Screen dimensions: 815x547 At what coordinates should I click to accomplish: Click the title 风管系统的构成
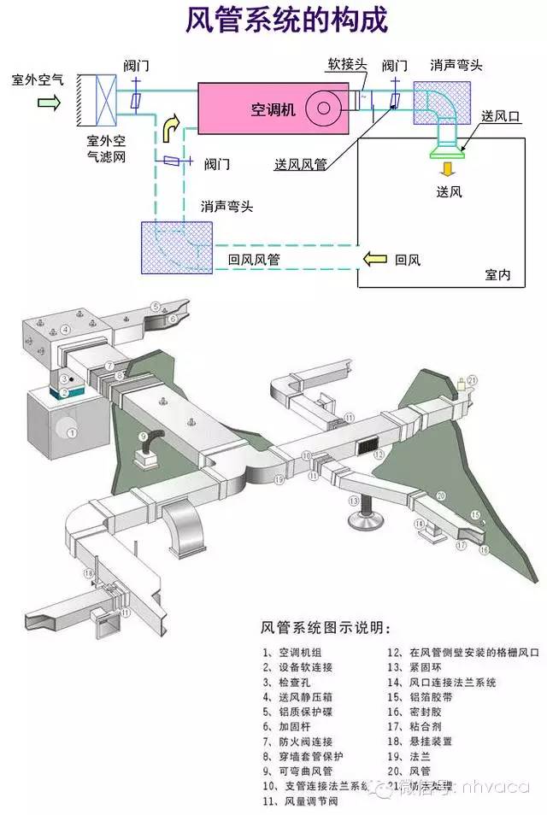pyautogui.click(x=273, y=21)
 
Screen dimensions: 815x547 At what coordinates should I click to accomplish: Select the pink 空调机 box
pyautogui.click(x=273, y=108)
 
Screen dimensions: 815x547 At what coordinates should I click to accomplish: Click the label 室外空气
pyautogui.click(x=38, y=80)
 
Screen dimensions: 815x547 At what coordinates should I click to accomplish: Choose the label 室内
pyautogui.click(x=497, y=275)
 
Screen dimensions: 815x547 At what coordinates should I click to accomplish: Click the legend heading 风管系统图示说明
pyautogui.click(x=328, y=629)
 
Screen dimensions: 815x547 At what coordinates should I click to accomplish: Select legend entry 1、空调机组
pyautogui.click(x=292, y=653)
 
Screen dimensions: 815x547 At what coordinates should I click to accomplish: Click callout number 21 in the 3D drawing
pyautogui.click(x=473, y=381)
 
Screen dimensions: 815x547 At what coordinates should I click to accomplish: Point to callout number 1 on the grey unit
pyautogui.click(x=73, y=434)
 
